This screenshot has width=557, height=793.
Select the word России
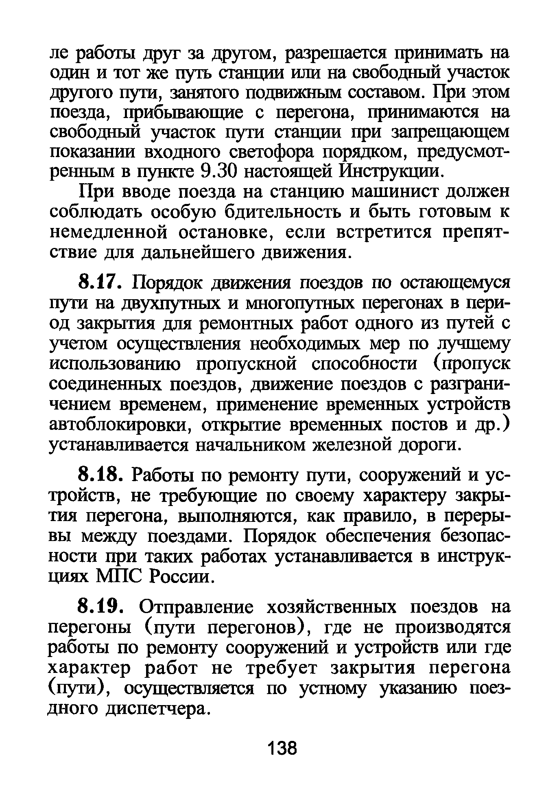(181, 576)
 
